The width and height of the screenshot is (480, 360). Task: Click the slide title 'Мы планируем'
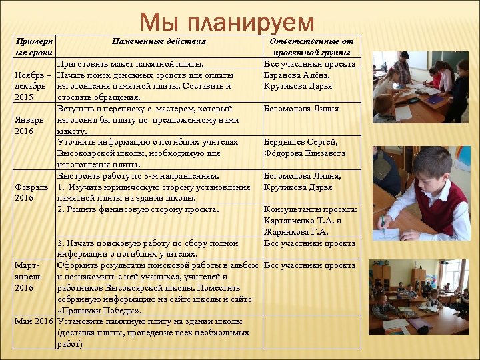[x=227, y=22]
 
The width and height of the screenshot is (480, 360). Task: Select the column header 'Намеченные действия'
[x=159, y=41]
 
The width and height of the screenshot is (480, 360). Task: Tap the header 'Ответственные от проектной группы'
[x=311, y=47]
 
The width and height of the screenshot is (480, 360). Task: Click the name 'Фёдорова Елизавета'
[x=305, y=153]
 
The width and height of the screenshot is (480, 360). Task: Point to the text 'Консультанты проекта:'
[x=311, y=209]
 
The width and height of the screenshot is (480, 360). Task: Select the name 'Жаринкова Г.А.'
[x=296, y=232]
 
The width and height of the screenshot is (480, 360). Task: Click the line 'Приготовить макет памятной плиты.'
[x=130, y=64]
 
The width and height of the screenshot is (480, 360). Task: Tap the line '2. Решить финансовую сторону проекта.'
[x=138, y=209]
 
